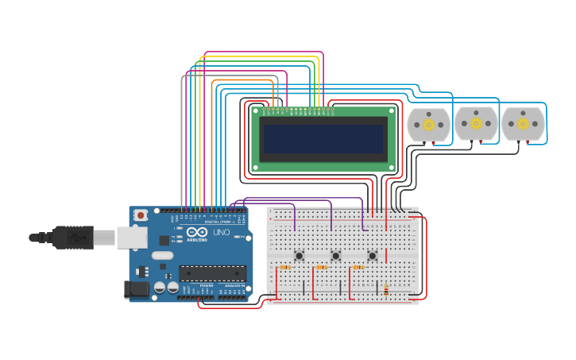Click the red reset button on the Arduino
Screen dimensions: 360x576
pyautogui.click(x=141, y=215)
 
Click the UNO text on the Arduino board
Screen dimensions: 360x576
pyautogui.click(x=221, y=232)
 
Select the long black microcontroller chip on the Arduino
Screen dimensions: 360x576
pyautogui.click(x=211, y=273)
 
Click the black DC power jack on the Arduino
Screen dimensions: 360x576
pyautogui.click(x=136, y=289)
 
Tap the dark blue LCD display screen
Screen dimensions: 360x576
pyautogui.click(x=323, y=139)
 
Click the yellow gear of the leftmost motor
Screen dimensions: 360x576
pyautogui.click(x=428, y=125)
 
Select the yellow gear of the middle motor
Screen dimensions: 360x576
pyautogui.click(x=476, y=123)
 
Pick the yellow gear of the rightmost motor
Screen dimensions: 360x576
pyautogui.click(x=523, y=123)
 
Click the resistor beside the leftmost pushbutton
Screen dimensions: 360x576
pyautogui.click(x=285, y=268)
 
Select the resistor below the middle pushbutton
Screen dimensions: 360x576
pyautogui.click(x=322, y=268)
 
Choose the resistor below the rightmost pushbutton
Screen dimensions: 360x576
pyautogui.click(x=358, y=268)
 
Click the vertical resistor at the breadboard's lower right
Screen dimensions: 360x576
pyautogui.click(x=386, y=290)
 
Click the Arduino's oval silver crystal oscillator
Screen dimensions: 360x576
pyautogui.click(x=162, y=256)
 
